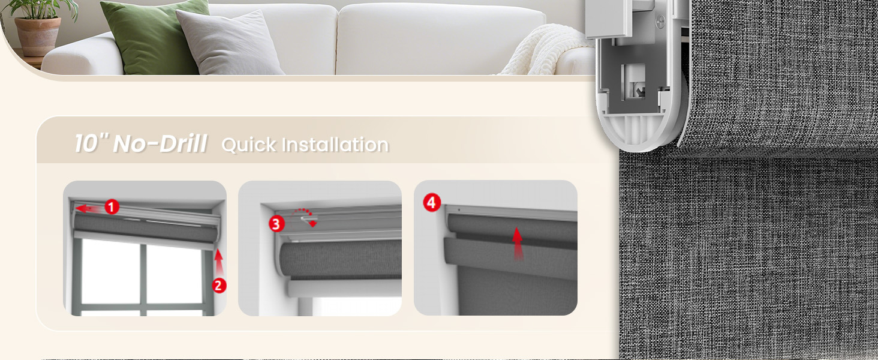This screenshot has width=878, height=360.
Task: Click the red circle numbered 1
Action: point(112,208)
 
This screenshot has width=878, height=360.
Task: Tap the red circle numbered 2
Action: point(220,286)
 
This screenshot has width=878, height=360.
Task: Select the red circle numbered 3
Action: point(276,224)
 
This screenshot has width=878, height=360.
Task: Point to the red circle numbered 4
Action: point(431,203)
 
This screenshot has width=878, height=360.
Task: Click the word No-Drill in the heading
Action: point(160,145)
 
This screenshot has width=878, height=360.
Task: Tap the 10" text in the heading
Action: point(91,145)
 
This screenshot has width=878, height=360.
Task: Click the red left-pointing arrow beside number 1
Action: point(89,209)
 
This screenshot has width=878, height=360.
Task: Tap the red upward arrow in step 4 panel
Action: point(517,244)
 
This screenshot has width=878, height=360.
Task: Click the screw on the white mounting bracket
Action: point(660,23)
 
